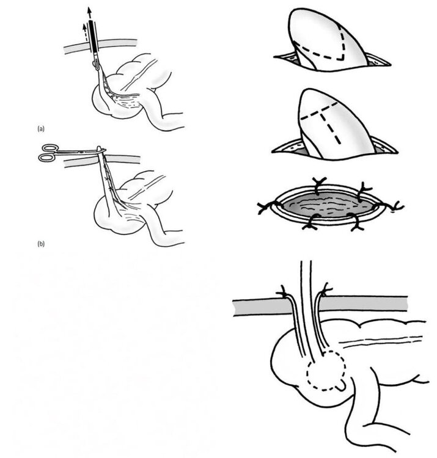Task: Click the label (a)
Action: coord(41,128)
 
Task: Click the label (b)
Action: coord(41,243)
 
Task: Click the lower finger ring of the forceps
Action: coord(46,158)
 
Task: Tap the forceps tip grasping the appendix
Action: coord(100,149)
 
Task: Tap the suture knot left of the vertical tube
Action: coord(283,292)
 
